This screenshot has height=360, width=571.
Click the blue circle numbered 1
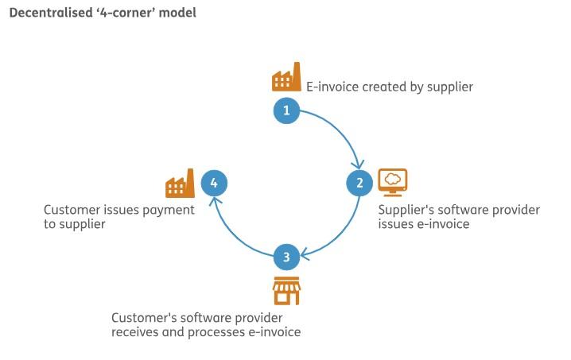286,110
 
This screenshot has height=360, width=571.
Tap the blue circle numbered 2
359,184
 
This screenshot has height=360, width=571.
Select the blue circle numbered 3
286,257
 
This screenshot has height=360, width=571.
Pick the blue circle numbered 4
213,184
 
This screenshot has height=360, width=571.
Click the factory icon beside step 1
286,78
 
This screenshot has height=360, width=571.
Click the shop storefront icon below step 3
286,291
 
